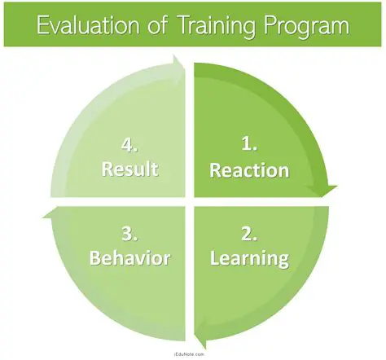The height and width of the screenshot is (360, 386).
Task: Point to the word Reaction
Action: click(249, 170)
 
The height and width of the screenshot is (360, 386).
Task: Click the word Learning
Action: click(248, 259)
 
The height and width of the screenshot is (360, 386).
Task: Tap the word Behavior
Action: click(130, 259)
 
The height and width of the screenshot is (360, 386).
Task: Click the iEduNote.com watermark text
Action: click(192, 354)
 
